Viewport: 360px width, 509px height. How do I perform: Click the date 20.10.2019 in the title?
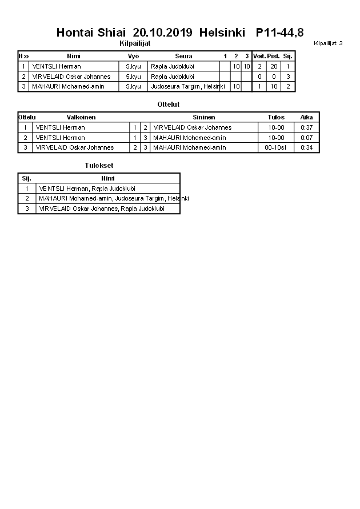[x=163, y=33]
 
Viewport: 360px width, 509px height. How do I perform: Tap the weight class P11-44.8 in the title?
[x=280, y=33]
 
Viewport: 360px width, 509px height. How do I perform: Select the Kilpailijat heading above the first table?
[x=135, y=43]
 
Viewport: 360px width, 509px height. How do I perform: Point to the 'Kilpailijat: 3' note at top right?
[x=328, y=43]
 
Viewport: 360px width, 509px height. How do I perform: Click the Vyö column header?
[x=133, y=56]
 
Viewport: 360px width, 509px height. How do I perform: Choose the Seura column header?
[x=183, y=56]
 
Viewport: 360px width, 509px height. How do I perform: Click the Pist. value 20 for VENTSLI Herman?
[x=274, y=66]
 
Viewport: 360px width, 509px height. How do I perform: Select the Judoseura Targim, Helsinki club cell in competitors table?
[x=187, y=86]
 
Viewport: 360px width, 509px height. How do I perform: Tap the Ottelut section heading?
[x=169, y=105]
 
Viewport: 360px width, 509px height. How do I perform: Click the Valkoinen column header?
[x=81, y=117]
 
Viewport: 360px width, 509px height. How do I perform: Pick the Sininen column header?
[x=204, y=117]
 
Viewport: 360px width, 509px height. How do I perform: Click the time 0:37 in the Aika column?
[x=307, y=127]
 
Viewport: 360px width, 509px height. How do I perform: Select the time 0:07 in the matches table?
[x=307, y=138]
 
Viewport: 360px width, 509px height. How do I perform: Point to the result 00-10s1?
[x=276, y=147]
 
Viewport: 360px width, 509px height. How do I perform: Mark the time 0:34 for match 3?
[x=307, y=147]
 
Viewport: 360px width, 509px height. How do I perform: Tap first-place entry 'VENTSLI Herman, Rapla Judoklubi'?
[x=87, y=189]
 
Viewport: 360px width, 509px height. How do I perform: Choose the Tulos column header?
[x=276, y=117]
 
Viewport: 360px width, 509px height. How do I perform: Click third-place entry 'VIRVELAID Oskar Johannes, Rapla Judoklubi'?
[x=101, y=209]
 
